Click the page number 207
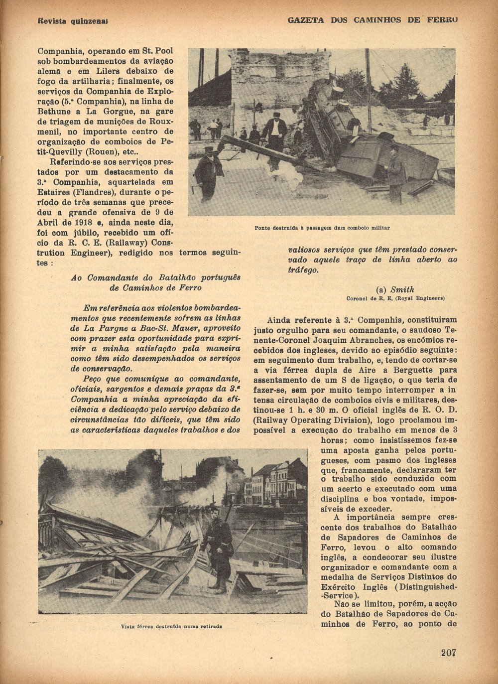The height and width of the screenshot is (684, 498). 448,653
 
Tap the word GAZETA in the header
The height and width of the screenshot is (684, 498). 306,20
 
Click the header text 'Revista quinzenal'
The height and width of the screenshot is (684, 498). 73,21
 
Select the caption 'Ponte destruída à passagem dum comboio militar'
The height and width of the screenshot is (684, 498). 322,228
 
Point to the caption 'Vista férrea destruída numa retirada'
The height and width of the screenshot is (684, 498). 172,626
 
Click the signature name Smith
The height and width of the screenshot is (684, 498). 402,289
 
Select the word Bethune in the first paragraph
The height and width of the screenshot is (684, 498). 55,112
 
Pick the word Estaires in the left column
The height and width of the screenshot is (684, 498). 54,192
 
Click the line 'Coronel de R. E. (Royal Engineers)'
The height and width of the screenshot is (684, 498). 395,298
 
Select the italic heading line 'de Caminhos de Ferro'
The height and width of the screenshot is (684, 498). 155,288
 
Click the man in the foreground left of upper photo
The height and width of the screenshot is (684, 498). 208,172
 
